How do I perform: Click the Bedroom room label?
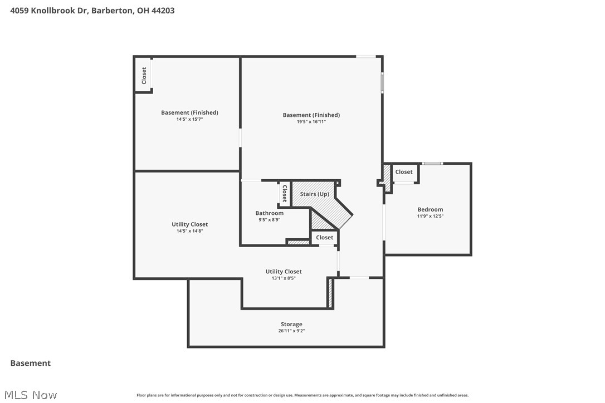pos(430,210)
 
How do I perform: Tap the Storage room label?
pos(291,325)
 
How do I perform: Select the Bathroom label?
pos(269,213)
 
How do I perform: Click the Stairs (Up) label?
pos(314,194)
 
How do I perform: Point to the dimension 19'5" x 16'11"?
pos(311,121)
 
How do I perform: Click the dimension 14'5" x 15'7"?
pos(189,119)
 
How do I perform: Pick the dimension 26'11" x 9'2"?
pos(291,331)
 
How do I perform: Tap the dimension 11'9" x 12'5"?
pos(430,216)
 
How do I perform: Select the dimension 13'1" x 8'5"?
pos(284,278)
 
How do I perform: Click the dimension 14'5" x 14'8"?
pos(189,230)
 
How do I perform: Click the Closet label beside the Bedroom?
pos(404,172)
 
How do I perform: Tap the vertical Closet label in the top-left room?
pos(144,76)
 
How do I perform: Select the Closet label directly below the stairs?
pos(324,238)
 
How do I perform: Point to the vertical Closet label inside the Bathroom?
pos(284,193)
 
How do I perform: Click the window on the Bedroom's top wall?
pos(432,163)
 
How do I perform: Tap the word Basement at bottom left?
pos(31,363)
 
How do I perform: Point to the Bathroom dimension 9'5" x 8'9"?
pos(269,219)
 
